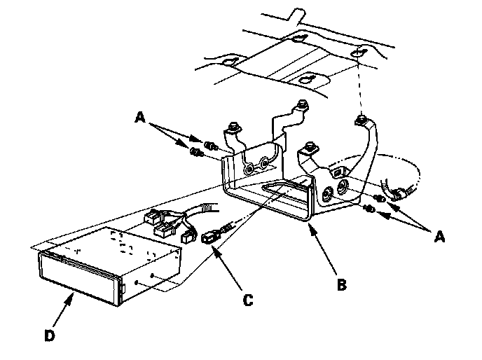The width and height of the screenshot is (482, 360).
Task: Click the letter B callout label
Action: pyautogui.click(x=342, y=284)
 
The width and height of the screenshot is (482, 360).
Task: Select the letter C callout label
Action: pyautogui.click(x=248, y=300)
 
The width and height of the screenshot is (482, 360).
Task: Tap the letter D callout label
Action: pyautogui.click(x=50, y=335)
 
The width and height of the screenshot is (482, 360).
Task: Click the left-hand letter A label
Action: pyautogui.click(x=140, y=117)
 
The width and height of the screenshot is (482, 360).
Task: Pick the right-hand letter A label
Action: pyautogui.click(x=439, y=237)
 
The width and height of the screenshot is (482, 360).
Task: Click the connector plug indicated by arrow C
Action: pyautogui.click(x=210, y=238)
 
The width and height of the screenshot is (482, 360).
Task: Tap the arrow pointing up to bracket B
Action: pyautogui.click(x=323, y=249)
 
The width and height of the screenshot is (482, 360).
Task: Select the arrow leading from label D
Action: pyautogui.click(x=63, y=310)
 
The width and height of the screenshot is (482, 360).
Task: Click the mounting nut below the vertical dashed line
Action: pyautogui.click(x=361, y=119)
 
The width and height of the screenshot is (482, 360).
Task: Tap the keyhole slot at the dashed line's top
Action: pyautogui.click(x=358, y=52)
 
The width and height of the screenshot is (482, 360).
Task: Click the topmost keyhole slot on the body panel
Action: pyautogui.click(x=298, y=39)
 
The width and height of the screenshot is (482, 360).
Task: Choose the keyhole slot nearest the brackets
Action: pyautogui.click(x=308, y=80)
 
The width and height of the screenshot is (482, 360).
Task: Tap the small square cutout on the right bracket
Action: pyautogui.click(x=337, y=173)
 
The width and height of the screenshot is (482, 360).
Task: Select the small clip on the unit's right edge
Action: pyautogui.click(x=123, y=289)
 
